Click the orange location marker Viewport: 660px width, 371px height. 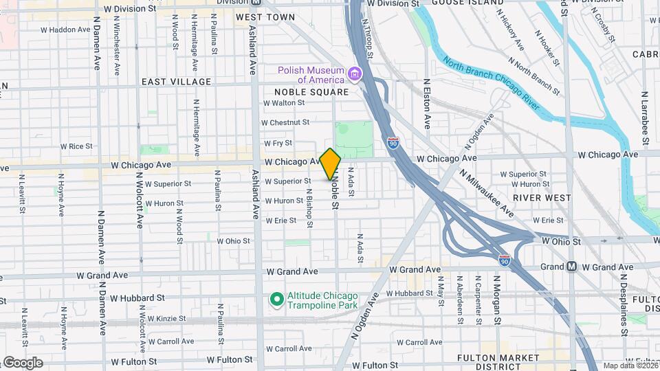tap(331, 164)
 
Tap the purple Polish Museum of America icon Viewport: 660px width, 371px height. tap(355, 74)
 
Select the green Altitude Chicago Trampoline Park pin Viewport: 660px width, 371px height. tap(276, 299)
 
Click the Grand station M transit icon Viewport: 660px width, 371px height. tap(571, 267)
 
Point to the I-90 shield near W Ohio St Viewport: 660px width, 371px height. tap(505, 260)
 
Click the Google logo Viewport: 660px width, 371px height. tap(22, 363)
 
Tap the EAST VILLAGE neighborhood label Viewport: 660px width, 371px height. tap(176, 82)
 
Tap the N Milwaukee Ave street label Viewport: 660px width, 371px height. tap(487, 193)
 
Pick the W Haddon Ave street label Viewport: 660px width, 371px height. tap(65, 30)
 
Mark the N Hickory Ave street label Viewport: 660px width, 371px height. tap(510, 33)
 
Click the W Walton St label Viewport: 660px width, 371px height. tap(284, 102)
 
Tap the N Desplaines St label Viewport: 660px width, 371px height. tap(624, 303)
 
